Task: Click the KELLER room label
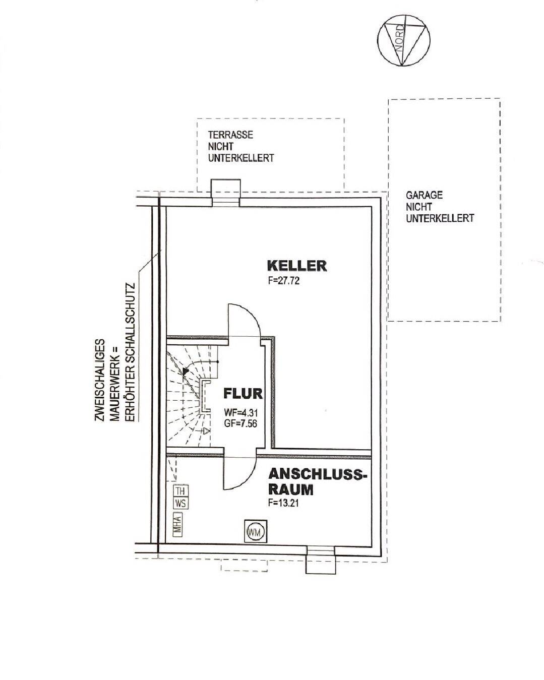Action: [x=296, y=265]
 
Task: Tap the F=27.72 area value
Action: [x=284, y=281]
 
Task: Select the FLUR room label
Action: [x=243, y=393]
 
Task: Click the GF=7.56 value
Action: [x=241, y=424]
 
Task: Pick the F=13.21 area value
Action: [x=285, y=503]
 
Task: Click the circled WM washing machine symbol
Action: [x=255, y=532]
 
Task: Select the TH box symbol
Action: [x=180, y=490]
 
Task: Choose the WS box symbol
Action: [x=180, y=503]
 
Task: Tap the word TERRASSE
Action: [x=230, y=135]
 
